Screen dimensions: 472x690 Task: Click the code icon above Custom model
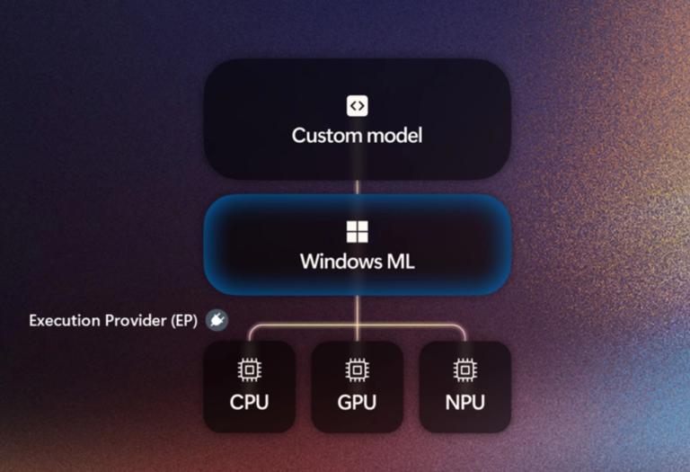(357, 106)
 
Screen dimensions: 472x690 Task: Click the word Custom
(320, 137)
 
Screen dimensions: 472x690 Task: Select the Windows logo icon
(357, 232)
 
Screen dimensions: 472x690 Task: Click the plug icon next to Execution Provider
(217, 320)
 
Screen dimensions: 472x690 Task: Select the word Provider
(136, 321)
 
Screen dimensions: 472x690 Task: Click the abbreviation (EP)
(184, 321)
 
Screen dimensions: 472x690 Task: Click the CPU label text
(249, 401)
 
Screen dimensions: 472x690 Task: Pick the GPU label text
(357, 401)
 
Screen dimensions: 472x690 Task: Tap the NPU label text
(464, 401)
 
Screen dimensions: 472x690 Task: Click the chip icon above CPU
(249, 370)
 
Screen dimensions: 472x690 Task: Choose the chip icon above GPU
(357, 370)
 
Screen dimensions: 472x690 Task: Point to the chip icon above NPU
(464, 370)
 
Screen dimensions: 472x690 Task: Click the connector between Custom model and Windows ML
(357, 187)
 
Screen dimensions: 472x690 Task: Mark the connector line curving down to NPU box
(461, 330)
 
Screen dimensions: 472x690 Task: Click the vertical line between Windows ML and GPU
(357, 310)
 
